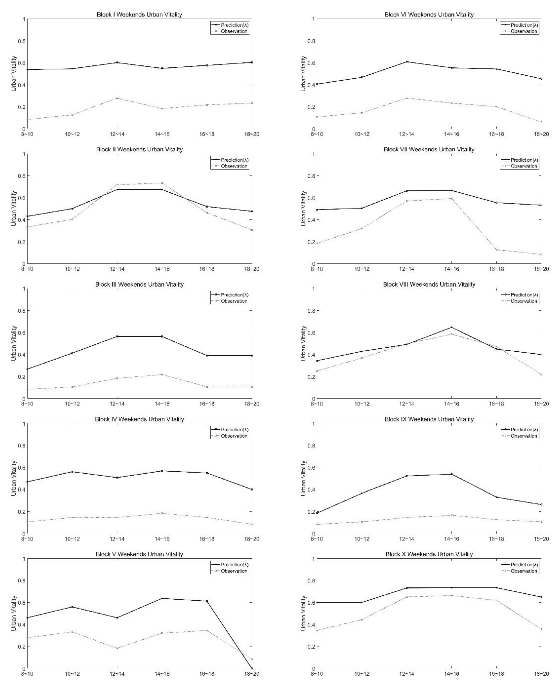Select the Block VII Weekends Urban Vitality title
429,149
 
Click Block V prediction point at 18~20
252,668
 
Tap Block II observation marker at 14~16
162,183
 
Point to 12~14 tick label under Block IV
117,539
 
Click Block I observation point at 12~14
117,98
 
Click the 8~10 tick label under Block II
27,269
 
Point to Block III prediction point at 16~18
207,356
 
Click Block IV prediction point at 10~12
72,472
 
